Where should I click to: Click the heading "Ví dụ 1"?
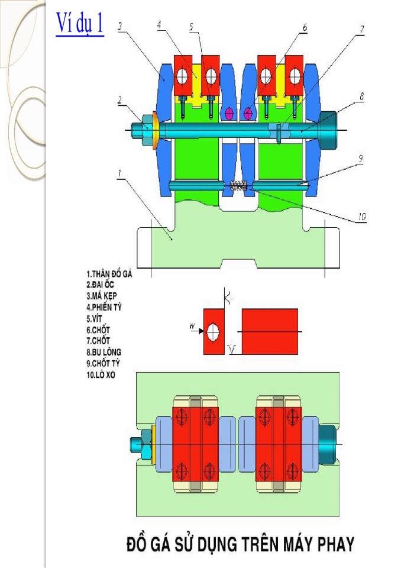click(80, 24)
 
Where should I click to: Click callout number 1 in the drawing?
click(120, 173)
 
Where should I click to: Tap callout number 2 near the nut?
click(120, 100)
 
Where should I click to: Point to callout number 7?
click(363, 28)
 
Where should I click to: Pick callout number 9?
click(360, 158)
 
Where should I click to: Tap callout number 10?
click(360, 217)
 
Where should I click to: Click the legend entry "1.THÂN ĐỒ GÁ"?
click(111, 274)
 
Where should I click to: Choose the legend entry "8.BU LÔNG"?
click(104, 352)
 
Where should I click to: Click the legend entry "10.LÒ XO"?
click(101, 375)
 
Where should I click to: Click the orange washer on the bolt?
click(156, 130)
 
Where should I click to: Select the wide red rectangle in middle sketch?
click(270, 331)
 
